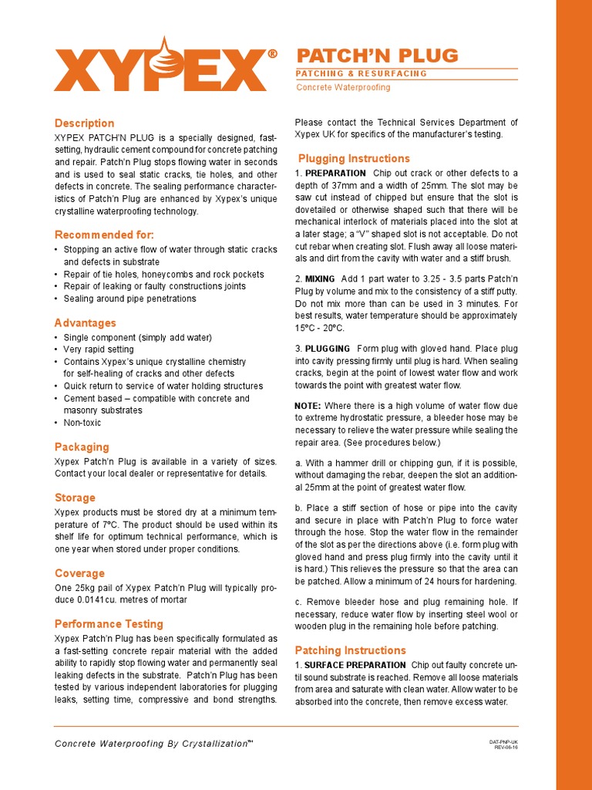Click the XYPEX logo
point(160,67)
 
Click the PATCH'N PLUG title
point(378,56)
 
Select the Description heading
point(84,123)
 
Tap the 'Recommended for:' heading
point(104,235)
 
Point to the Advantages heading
point(86,322)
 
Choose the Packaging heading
point(82,447)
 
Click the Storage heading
point(75,498)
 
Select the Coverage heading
point(79,573)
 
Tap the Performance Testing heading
point(109,623)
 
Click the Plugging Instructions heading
point(354,159)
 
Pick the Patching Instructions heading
point(350,650)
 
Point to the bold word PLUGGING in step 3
point(327,349)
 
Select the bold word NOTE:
point(308,406)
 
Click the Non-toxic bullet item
point(82,423)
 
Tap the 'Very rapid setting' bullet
point(98,349)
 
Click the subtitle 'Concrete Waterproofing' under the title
point(344,87)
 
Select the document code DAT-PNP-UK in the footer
point(503,741)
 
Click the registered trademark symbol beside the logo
point(272,54)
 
